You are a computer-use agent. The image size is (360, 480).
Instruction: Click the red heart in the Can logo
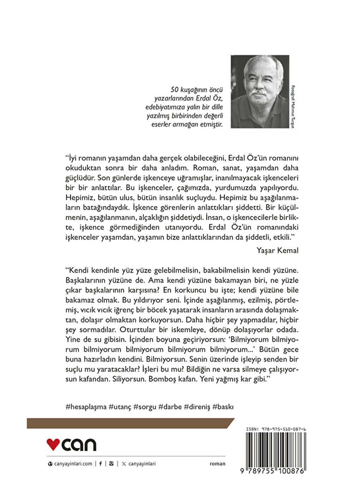pyautogui.click(x=53, y=444)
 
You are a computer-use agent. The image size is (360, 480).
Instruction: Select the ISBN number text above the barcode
pyautogui.click(x=276, y=429)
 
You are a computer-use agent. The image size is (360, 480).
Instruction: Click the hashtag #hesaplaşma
pyautogui.click(x=86, y=407)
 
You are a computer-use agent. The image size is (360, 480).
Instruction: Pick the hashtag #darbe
pyautogui.click(x=170, y=407)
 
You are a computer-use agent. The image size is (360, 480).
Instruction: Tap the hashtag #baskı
pyautogui.click(x=223, y=407)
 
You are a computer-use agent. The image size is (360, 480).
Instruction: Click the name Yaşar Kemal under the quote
pyautogui.click(x=277, y=250)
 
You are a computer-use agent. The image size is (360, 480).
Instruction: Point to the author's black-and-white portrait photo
pyautogui.click(x=260, y=91)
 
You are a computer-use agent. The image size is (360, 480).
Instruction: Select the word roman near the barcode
pyautogui.click(x=217, y=464)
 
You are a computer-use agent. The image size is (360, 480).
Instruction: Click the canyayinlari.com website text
pyautogui.click(x=73, y=464)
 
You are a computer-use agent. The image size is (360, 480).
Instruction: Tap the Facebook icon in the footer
pyautogui.click(x=101, y=464)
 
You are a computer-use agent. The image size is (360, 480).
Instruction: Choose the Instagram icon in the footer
pyautogui.click(x=112, y=464)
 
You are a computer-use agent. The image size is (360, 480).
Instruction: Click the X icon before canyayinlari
pyautogui.click(x=124, y=464)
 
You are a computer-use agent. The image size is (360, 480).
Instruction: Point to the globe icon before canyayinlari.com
pyautogui.click(x=50, y=464)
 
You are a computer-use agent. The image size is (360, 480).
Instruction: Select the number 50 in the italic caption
pyautogui.click(x=174, y=90)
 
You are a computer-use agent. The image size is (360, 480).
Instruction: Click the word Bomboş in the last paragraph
pyautogui.click(x=164, y=379)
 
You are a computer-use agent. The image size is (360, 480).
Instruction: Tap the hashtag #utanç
pyautogui.click(x=120, y=407)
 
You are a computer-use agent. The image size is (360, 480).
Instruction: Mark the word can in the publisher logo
pyautogui.click(x=79, y=445)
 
